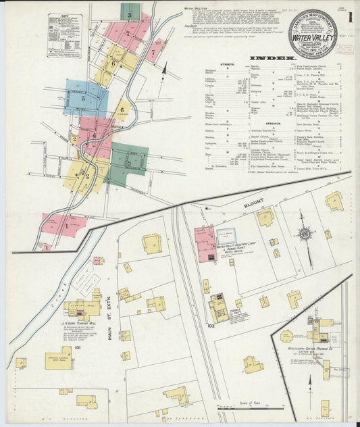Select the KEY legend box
pyautogui.click(x=65, y=35)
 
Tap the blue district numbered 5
pyautogui.click(x=84, y=99)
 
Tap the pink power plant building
pyautogui.click(x=205, y=244)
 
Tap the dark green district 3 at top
pyautogui.click(x=130, y=11)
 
